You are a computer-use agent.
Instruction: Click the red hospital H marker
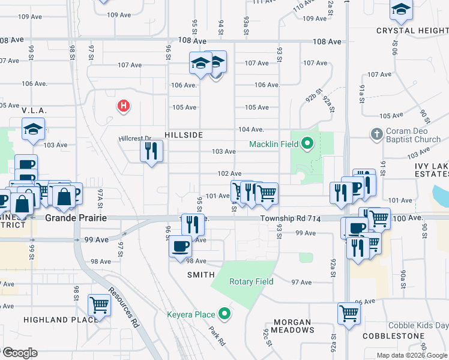tap(124, 106)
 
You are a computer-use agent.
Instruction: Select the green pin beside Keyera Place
tap(224, 313)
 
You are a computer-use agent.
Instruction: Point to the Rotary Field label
tap(250, 281)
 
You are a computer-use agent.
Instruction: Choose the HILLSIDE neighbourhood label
tap(184, 136)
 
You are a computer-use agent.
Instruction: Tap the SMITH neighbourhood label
tap(201, 275)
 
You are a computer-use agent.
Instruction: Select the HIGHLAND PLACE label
tap(61, 320)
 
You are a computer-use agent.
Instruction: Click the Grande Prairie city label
tap(76, 218)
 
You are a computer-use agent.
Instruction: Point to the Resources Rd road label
tap(124, 307)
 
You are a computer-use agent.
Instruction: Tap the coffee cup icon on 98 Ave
tap(180, 246)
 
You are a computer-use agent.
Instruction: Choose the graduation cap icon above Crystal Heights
tap(401, 9)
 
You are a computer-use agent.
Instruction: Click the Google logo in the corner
tap(19, 352)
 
